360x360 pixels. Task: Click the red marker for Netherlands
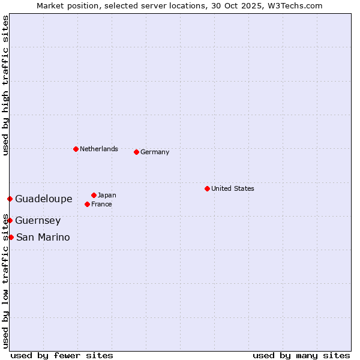[x=76, y=149]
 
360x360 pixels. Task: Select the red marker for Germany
[x=137, y=152]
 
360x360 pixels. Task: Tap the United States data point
[x=207, y=188]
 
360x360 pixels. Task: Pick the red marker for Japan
[x=94, y=195]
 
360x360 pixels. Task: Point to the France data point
[x=88, y=204]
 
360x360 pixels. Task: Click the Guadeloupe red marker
[x=10, y=199]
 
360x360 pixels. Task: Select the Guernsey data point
[x=10, y=220]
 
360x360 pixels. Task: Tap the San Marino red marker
[x=11, y=237]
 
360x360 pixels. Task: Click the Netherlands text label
[x=99, y=149]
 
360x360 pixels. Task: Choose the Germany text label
[x=155, y=152]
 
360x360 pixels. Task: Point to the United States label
[x=233, y=188]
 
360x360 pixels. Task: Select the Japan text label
[x=107, y=195]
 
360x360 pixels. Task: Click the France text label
[x=101, y=204]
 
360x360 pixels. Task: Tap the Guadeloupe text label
[x=44, y=199]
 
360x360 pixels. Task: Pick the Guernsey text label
[x=38, y=220]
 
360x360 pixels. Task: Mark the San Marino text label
[x=43, y=237]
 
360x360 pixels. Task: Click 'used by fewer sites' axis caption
[x=62, y=355]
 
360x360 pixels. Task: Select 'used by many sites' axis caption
[x=301, y=355]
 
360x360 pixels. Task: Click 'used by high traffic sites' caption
[x=5, y=85]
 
